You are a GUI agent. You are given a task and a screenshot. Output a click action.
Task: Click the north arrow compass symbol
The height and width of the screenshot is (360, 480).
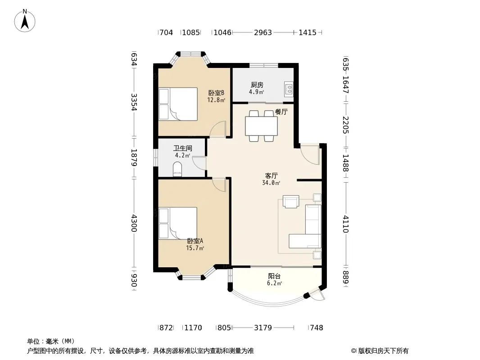tap(25, 21)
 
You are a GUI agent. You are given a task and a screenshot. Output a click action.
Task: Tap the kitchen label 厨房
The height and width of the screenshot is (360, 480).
tap(257, 85)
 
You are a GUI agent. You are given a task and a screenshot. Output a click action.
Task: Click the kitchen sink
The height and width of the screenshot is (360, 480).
tap(289, 89)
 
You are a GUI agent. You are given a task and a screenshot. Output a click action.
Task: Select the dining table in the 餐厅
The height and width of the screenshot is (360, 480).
tap(262, 126)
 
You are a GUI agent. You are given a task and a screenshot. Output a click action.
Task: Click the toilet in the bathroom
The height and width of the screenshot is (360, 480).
tap(177, 169)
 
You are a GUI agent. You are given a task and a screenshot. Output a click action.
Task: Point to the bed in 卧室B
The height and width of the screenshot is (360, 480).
tap(178, 104)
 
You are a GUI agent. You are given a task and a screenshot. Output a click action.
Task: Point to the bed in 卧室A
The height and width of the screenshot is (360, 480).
tap(178, 223)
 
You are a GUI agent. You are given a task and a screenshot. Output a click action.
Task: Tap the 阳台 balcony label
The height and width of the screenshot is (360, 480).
tap(274, 276)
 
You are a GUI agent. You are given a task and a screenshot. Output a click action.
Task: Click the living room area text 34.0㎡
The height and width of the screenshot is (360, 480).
tap(271, 183)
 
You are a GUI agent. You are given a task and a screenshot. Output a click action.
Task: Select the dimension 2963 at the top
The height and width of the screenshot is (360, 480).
tap(263, 32)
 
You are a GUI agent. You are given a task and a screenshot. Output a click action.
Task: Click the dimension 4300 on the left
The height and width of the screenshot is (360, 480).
tap(134, 223)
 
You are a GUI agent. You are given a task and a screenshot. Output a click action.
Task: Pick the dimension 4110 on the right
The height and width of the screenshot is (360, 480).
tap(346, 224)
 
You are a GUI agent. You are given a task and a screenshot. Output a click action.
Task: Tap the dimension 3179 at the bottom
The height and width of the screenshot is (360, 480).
tap(263, 328)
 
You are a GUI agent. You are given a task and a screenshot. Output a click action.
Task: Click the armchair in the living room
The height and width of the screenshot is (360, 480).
tap(291, 202)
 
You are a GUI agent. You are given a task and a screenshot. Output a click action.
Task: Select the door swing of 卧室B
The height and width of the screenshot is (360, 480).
tap(217, 129)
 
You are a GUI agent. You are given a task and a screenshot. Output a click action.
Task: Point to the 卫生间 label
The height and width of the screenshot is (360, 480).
tap(183, 148)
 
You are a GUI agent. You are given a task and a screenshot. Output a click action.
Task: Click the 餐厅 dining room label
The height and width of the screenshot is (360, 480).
tap(281, 112)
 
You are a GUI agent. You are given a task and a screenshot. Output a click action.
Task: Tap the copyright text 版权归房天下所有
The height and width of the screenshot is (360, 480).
tap(383, 351)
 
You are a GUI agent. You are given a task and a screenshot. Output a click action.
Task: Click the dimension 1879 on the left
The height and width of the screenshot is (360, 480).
tap(134, 157)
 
